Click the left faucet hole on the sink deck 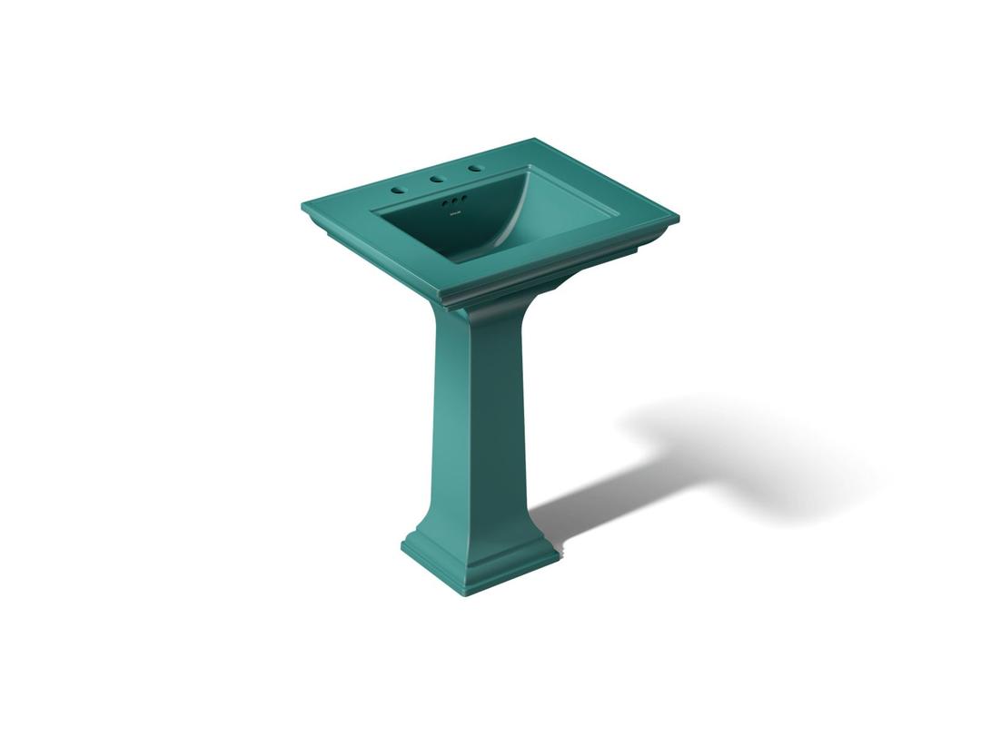(x=397, y=191)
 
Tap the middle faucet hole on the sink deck (x=438, y=180)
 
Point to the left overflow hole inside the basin (x=445, y=203)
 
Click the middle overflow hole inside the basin (x=453, y=201)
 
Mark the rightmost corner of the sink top (x=678, y=218)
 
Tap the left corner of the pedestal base (x=401, y=547)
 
